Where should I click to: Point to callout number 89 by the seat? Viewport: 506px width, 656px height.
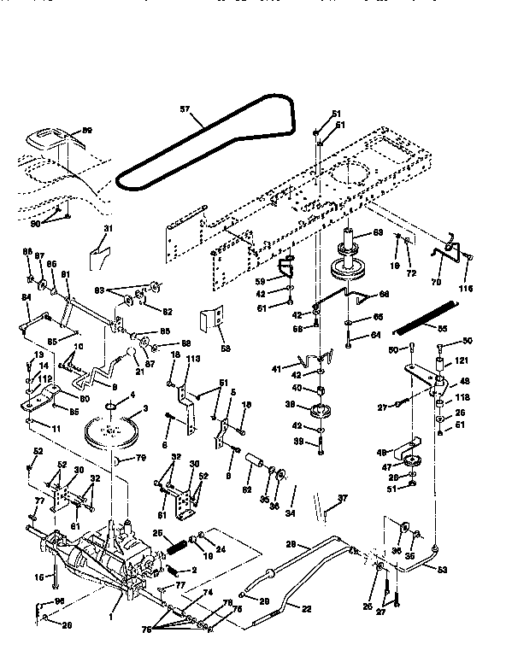click(86, 131)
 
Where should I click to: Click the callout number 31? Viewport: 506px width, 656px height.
click(109, 228)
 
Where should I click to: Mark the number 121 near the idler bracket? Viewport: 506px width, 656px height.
click(461, 361)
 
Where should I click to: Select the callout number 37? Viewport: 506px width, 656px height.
click(344, 499)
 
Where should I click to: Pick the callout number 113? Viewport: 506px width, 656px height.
click(193, 360)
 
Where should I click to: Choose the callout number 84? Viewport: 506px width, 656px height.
click(26, 296)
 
